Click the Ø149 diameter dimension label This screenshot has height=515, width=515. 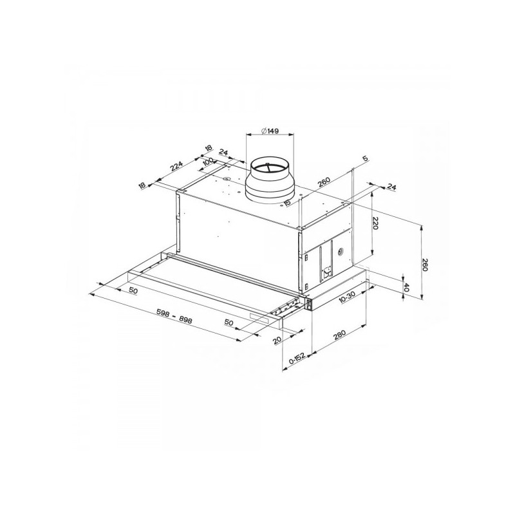(271, 131)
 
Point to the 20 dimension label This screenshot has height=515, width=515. (277, 339)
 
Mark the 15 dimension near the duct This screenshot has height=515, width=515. (286, 203)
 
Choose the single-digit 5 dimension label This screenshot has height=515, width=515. (364, 158)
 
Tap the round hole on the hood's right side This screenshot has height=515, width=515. (339, 252)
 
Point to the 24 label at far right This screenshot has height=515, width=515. (391, 187)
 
